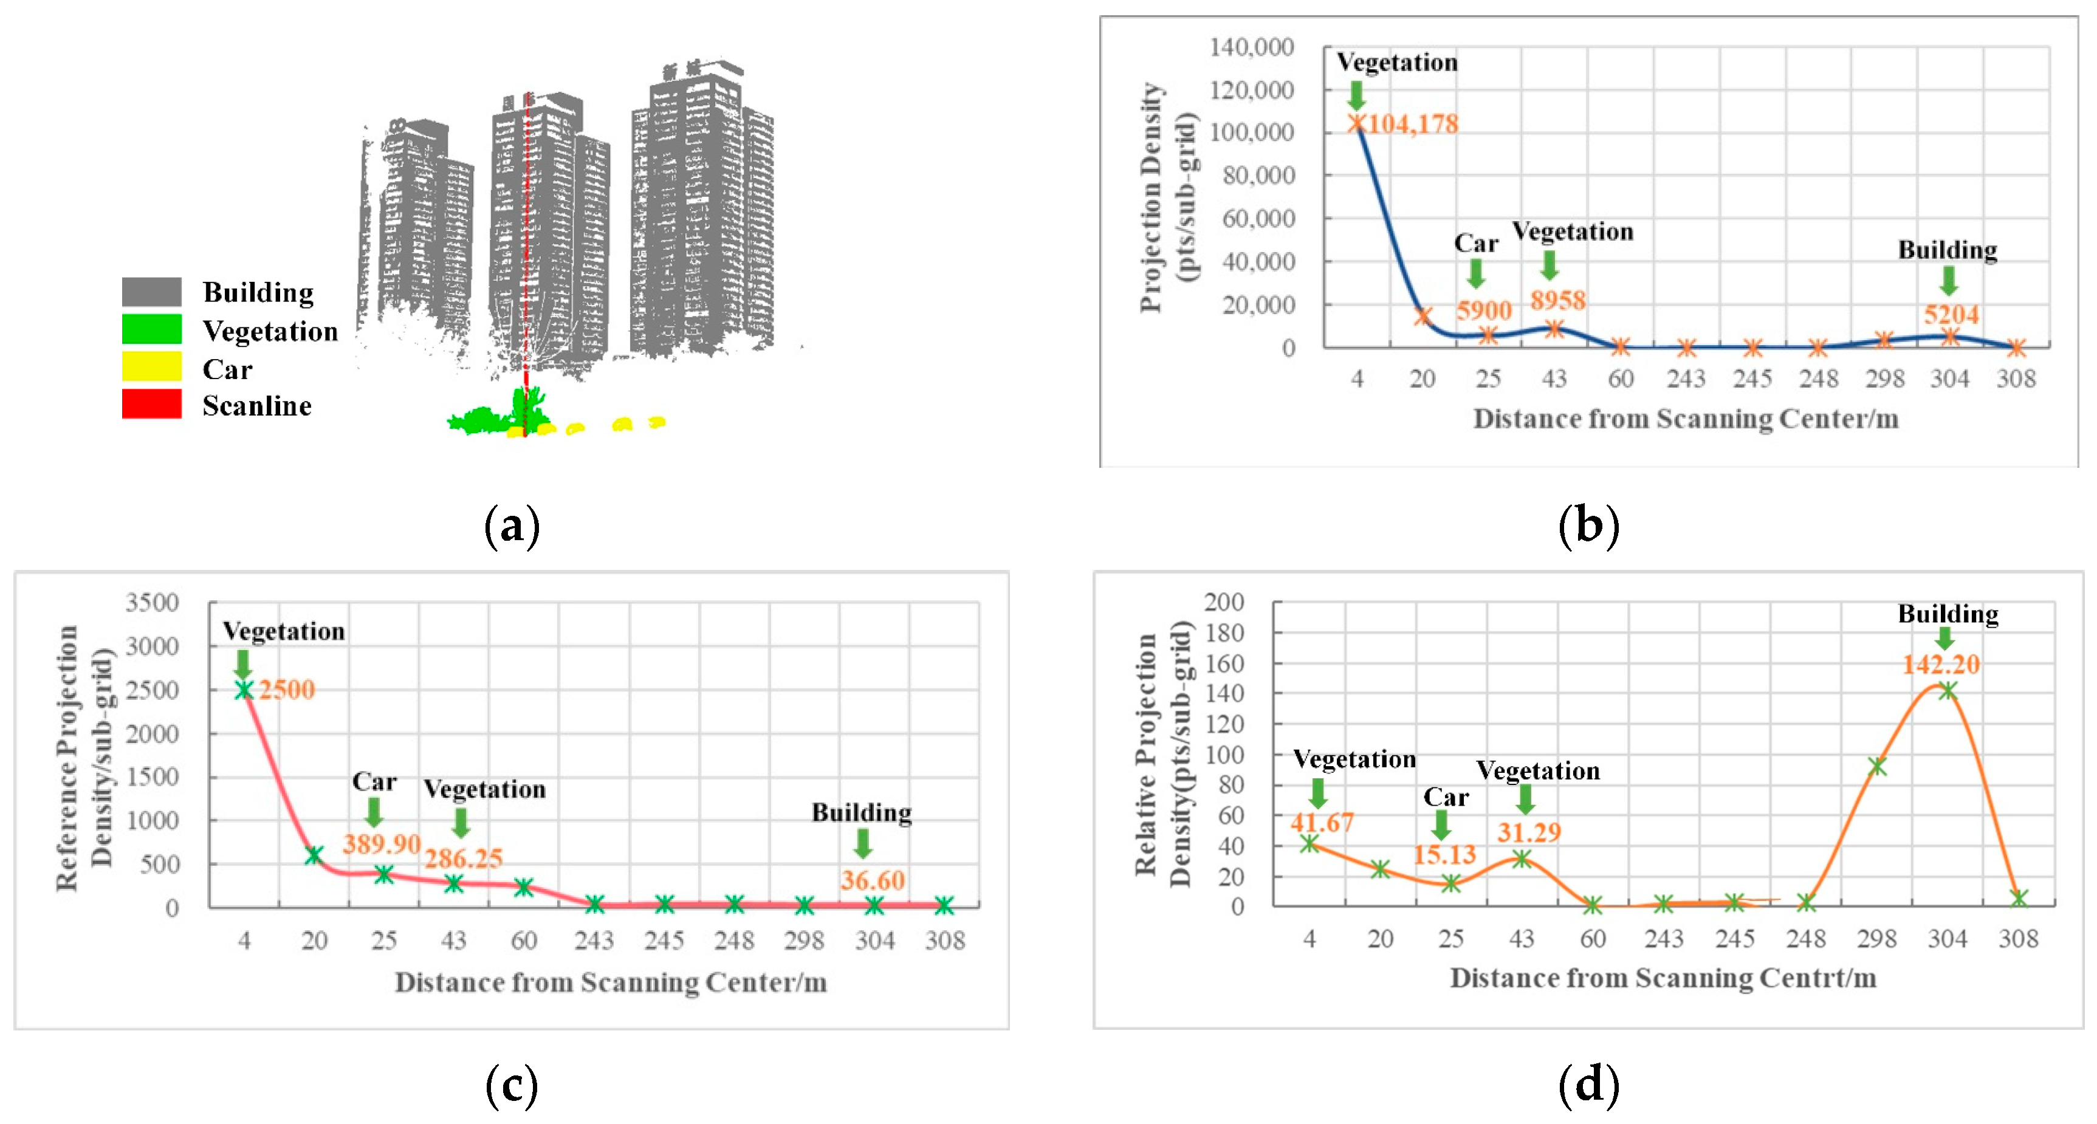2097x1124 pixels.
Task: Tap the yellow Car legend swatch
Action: click(x=151, y=366)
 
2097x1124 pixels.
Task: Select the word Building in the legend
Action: click(x=258, y=292)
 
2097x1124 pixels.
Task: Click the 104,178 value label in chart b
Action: click(x=1412, y=124)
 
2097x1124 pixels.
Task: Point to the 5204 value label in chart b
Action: click(x=1951, y=314)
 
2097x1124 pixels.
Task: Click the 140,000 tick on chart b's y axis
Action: click(x=1251, y=47)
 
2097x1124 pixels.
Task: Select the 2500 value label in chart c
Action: click(x=287, y=690)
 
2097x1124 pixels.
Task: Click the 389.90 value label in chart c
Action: click(x=381, y=843)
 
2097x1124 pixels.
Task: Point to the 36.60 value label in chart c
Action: click(x=873, y=880)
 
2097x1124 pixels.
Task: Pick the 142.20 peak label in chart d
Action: click(x=1941, y=664)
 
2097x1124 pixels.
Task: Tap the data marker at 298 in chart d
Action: click(x=1877, y=766)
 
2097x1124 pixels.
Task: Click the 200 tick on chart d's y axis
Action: click(x=1224, y=601)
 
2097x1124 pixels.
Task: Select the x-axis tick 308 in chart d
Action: click(x=2018, y=939)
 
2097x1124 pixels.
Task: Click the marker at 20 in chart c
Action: click(x=314, y=855)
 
